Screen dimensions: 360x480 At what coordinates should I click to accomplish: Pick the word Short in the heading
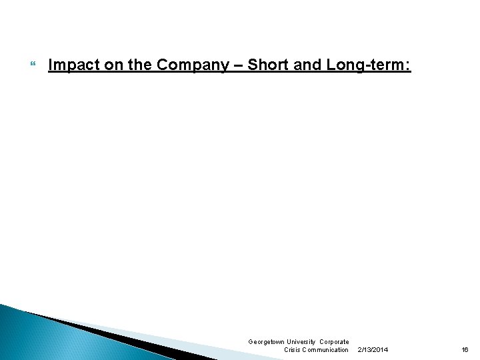(267, 65)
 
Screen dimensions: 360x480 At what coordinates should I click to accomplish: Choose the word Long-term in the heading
(366, 65)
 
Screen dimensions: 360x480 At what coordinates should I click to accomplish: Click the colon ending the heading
(409, 65)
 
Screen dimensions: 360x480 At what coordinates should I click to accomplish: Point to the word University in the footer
(302, 342)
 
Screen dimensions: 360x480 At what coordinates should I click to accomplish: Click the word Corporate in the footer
(334, 342)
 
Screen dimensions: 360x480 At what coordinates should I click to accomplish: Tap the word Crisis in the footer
(293, 350)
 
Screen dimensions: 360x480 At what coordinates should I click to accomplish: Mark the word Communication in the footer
(326, 350)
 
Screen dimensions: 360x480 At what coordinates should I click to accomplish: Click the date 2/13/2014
(373, 350)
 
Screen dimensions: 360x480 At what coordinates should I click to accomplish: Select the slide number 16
(465, 350)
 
